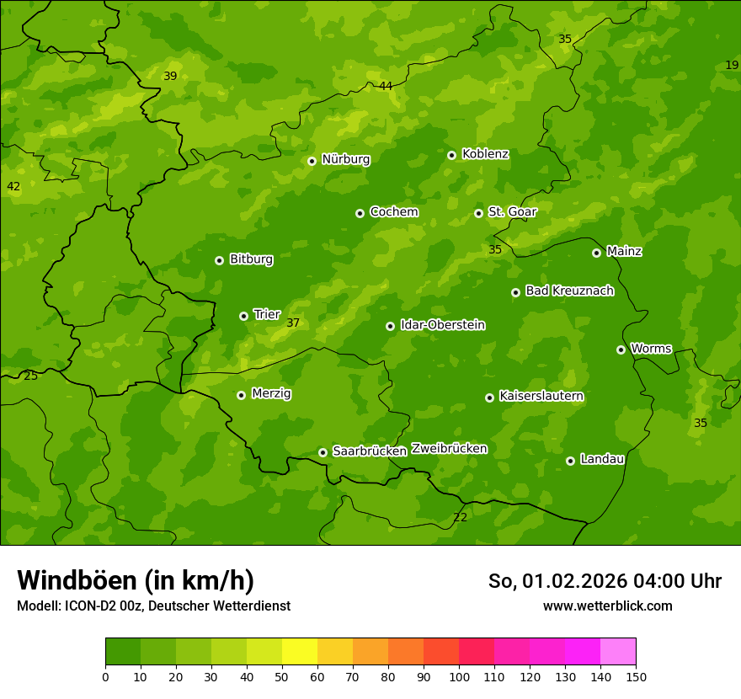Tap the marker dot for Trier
click(x=243, y=316)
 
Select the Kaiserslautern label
click(x=541, y=396)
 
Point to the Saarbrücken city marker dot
click(x=323, y=452)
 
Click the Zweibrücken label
click(x=449, y=448)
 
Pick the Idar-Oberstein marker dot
click(x=390, y=326)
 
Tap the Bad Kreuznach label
click(x=569, y=291)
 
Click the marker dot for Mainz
click(x=596, y=253)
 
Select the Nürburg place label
click(x=345, y=159)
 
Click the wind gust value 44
click(x=386, y=86)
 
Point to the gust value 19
click(x=732, y=65)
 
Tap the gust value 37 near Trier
click(x=293, y=323)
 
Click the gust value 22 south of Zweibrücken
click(x=460, y=517)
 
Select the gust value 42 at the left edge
click(x=13, y=186)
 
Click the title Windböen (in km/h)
click(x=136, y=580)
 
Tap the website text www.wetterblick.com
click(x=607, y=606)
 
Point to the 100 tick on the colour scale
click(x=459, y=675)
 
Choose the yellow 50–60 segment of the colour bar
click(x=299, y=651)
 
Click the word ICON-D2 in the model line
click(x=89, y=606)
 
